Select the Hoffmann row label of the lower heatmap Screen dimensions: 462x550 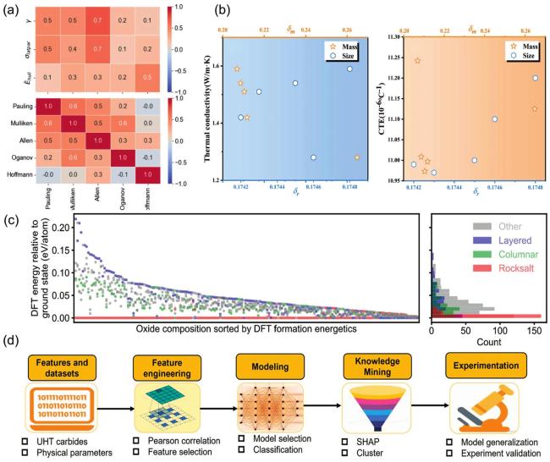[22, 174]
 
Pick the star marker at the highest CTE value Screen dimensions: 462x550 [417, 61]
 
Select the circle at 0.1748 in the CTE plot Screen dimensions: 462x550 [535, 78]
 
